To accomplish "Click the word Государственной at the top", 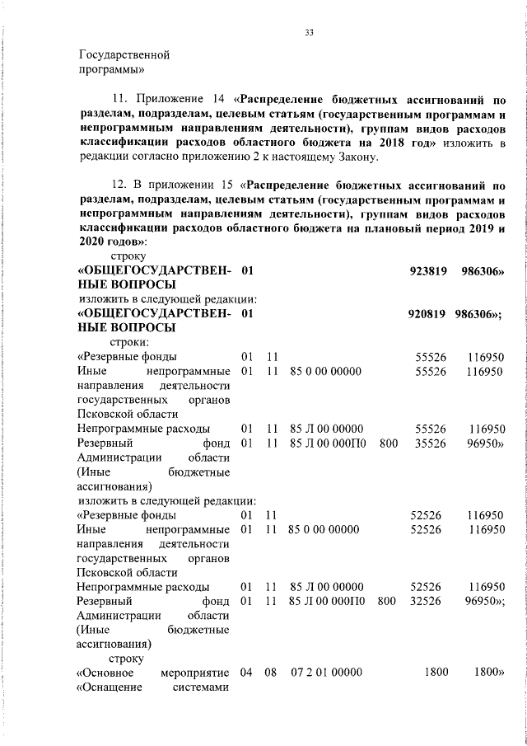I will point(124,55).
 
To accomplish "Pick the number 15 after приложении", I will point(217,185).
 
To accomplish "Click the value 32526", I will point(427,602).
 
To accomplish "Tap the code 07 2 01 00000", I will point(326,673).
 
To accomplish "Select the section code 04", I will point(246,673).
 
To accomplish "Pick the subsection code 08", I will point(270,673).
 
